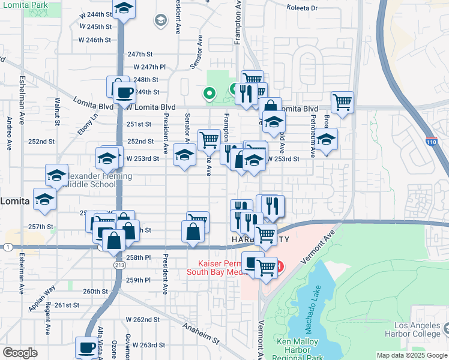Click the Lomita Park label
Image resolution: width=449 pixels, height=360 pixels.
point(24,4)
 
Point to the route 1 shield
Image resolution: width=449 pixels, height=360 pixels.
point(7,247)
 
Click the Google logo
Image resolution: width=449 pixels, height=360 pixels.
point(20,353)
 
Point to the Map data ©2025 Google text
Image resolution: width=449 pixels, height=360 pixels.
point(411,355)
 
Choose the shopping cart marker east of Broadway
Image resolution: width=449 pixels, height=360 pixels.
point(342,102)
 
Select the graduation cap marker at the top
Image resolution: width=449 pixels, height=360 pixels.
point(124,9)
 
